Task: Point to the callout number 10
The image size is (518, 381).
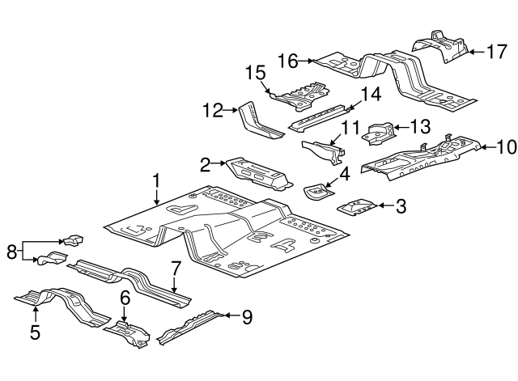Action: (x=505, y=146)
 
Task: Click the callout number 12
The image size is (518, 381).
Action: (x=212, y=111)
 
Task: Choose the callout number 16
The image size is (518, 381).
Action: (x=287, y=60)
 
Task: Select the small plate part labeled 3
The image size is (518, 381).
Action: (x=356, y=205)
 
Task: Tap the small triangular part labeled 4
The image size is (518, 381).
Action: (x=316, y=192)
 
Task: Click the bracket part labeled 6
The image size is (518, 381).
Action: (x=129, y=332)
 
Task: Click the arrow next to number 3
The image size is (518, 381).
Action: (x=382, y=206)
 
